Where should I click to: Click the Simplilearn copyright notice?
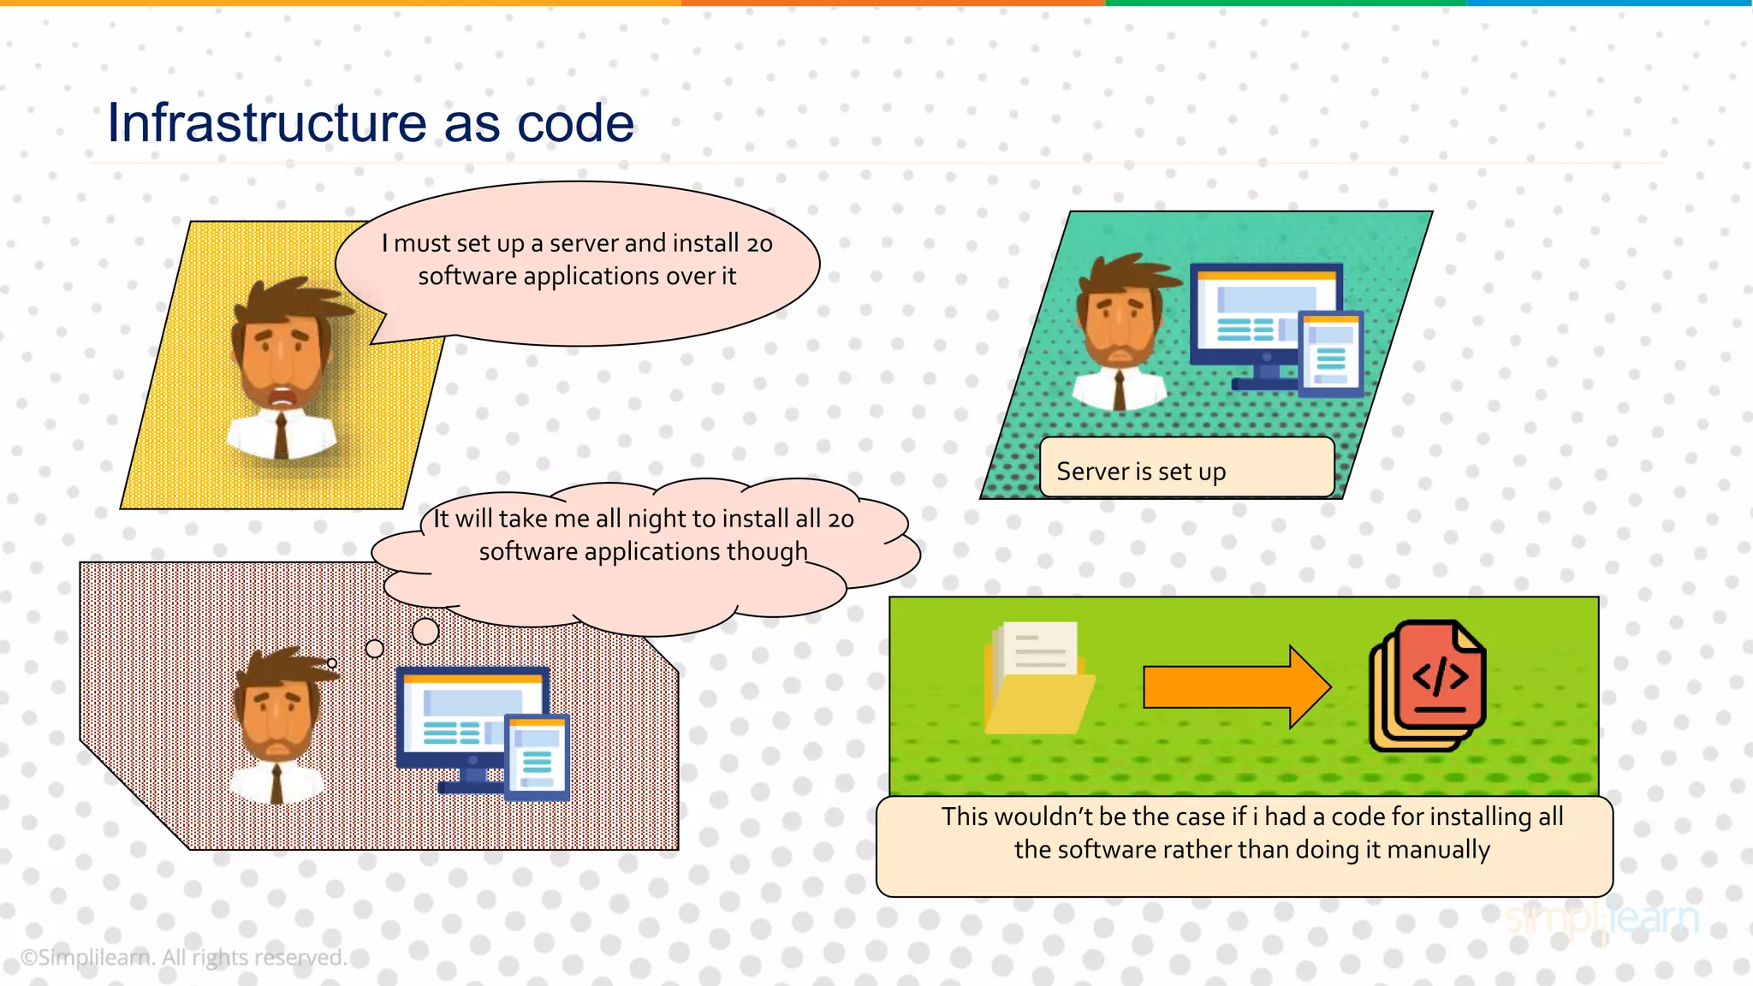coord(183,957)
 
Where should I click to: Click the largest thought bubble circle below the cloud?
coord(425,632)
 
